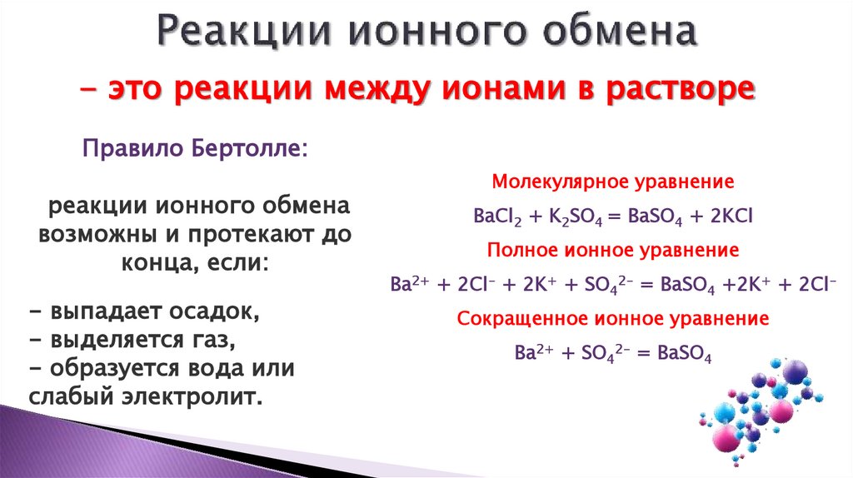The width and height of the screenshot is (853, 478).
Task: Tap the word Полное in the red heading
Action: tap(522, 249)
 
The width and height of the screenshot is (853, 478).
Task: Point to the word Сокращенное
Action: tap(514, 318)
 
